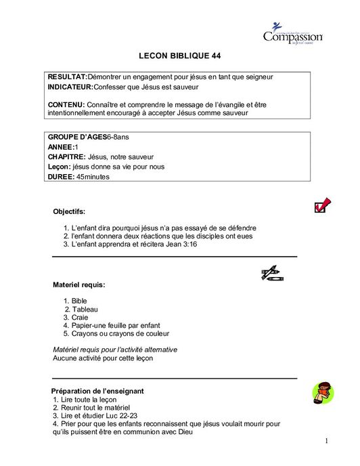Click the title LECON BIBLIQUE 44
(x=179, y=56)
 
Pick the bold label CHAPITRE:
(x=66, y=156)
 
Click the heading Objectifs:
(x=69, y=211)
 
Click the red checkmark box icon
(x=322, y=205)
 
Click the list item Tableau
(x=85, y=309)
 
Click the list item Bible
(x=79, y=301)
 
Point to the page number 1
(x=325, y=442)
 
